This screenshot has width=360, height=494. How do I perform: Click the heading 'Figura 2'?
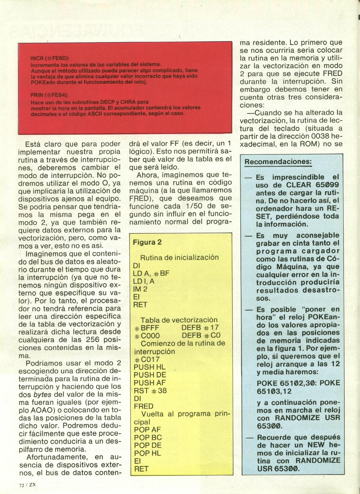(147, 243)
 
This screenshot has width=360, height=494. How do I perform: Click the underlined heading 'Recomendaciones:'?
(278, 162)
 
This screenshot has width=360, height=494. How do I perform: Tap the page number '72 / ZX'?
(27, 485)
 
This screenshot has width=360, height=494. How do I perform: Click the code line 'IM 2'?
(140, 289)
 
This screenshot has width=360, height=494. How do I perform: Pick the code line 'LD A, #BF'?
(151, 274)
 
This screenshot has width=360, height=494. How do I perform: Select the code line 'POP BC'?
(148, 438)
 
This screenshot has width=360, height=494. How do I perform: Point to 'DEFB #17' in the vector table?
(200, 328)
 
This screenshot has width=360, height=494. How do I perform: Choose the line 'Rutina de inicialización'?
(179, 258)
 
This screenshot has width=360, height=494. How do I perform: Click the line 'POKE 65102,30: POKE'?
(298, 383)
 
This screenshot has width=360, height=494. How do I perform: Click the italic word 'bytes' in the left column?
(42, 394)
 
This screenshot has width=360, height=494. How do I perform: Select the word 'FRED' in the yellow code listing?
(143, 406)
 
